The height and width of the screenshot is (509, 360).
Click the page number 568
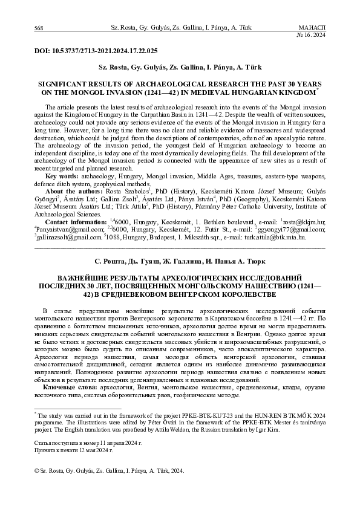coord(39,28)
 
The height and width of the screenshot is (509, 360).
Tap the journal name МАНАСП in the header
coord(312,28)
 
